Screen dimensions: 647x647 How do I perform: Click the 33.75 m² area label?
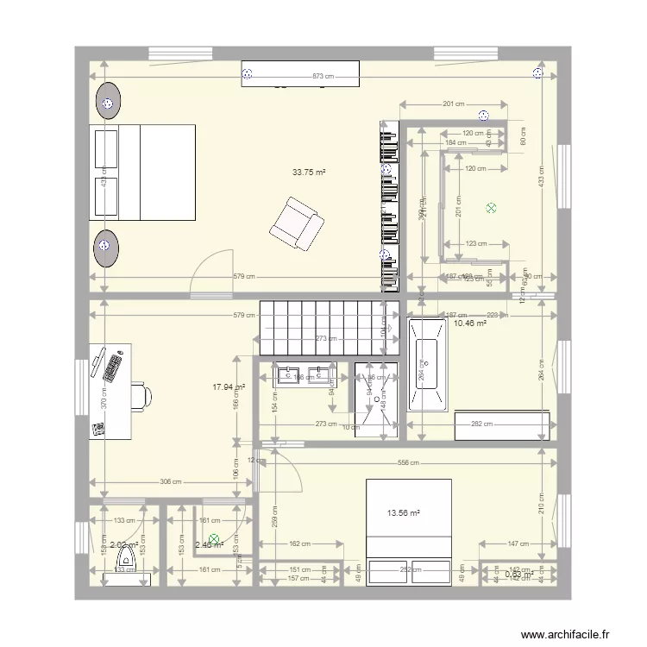coord(308,173)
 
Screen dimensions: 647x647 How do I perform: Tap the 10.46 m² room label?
coord(470,323)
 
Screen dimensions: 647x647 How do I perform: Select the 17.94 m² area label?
coord(229,387)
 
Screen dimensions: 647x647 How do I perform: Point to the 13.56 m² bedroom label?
coord(403,513)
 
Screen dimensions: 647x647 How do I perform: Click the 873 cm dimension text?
coord(321,77)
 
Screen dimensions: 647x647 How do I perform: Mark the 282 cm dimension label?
coord(482,424)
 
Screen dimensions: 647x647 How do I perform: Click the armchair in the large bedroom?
coord(296,223)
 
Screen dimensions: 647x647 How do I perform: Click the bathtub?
coord(428,366)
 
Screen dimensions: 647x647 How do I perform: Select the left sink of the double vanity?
coord(284,374)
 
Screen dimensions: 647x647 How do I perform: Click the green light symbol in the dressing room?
coord(491,208)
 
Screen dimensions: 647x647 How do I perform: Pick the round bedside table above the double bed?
coord(108,101)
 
